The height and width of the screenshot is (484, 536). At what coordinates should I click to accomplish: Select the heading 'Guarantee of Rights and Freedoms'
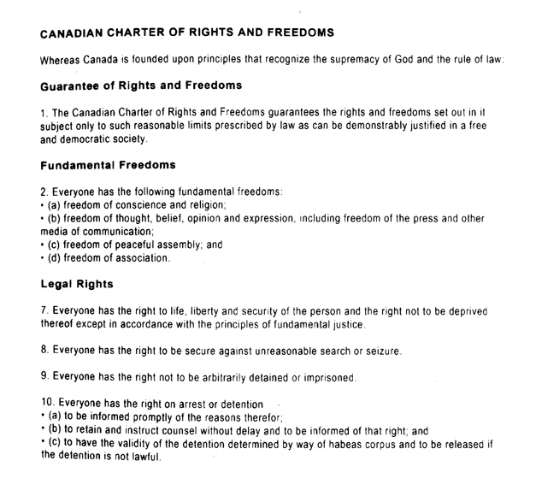click(x=141, y=86)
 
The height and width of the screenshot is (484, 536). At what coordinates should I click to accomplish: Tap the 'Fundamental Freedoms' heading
click(x=107, y=165)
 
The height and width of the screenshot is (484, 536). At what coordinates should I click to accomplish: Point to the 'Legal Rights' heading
click(x=77, y=283)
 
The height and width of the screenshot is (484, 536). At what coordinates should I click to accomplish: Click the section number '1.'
click(x=44, y=111)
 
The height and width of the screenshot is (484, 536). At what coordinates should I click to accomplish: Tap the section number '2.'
click(x=44, y=191)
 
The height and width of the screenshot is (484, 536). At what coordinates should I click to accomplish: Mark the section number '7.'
click(x=44, y=310)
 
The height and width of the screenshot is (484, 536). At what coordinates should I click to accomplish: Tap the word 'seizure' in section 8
click(x=381, y=350)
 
